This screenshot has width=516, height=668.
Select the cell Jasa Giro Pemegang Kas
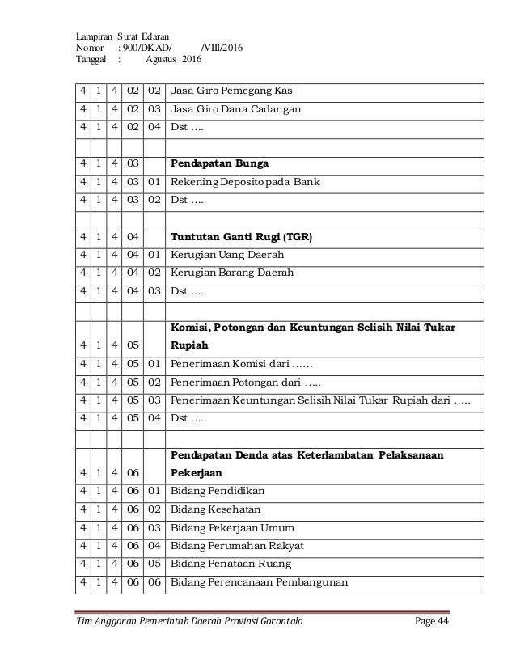click(232, 89)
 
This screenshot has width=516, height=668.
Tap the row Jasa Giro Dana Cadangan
click(237, 108)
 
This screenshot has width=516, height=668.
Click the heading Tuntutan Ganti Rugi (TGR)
click(241, 239)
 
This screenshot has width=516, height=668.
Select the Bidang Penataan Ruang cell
click(228, 564)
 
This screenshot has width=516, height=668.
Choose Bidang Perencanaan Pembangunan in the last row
click(246, 583)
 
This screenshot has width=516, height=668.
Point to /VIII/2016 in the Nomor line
click(227, 47)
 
